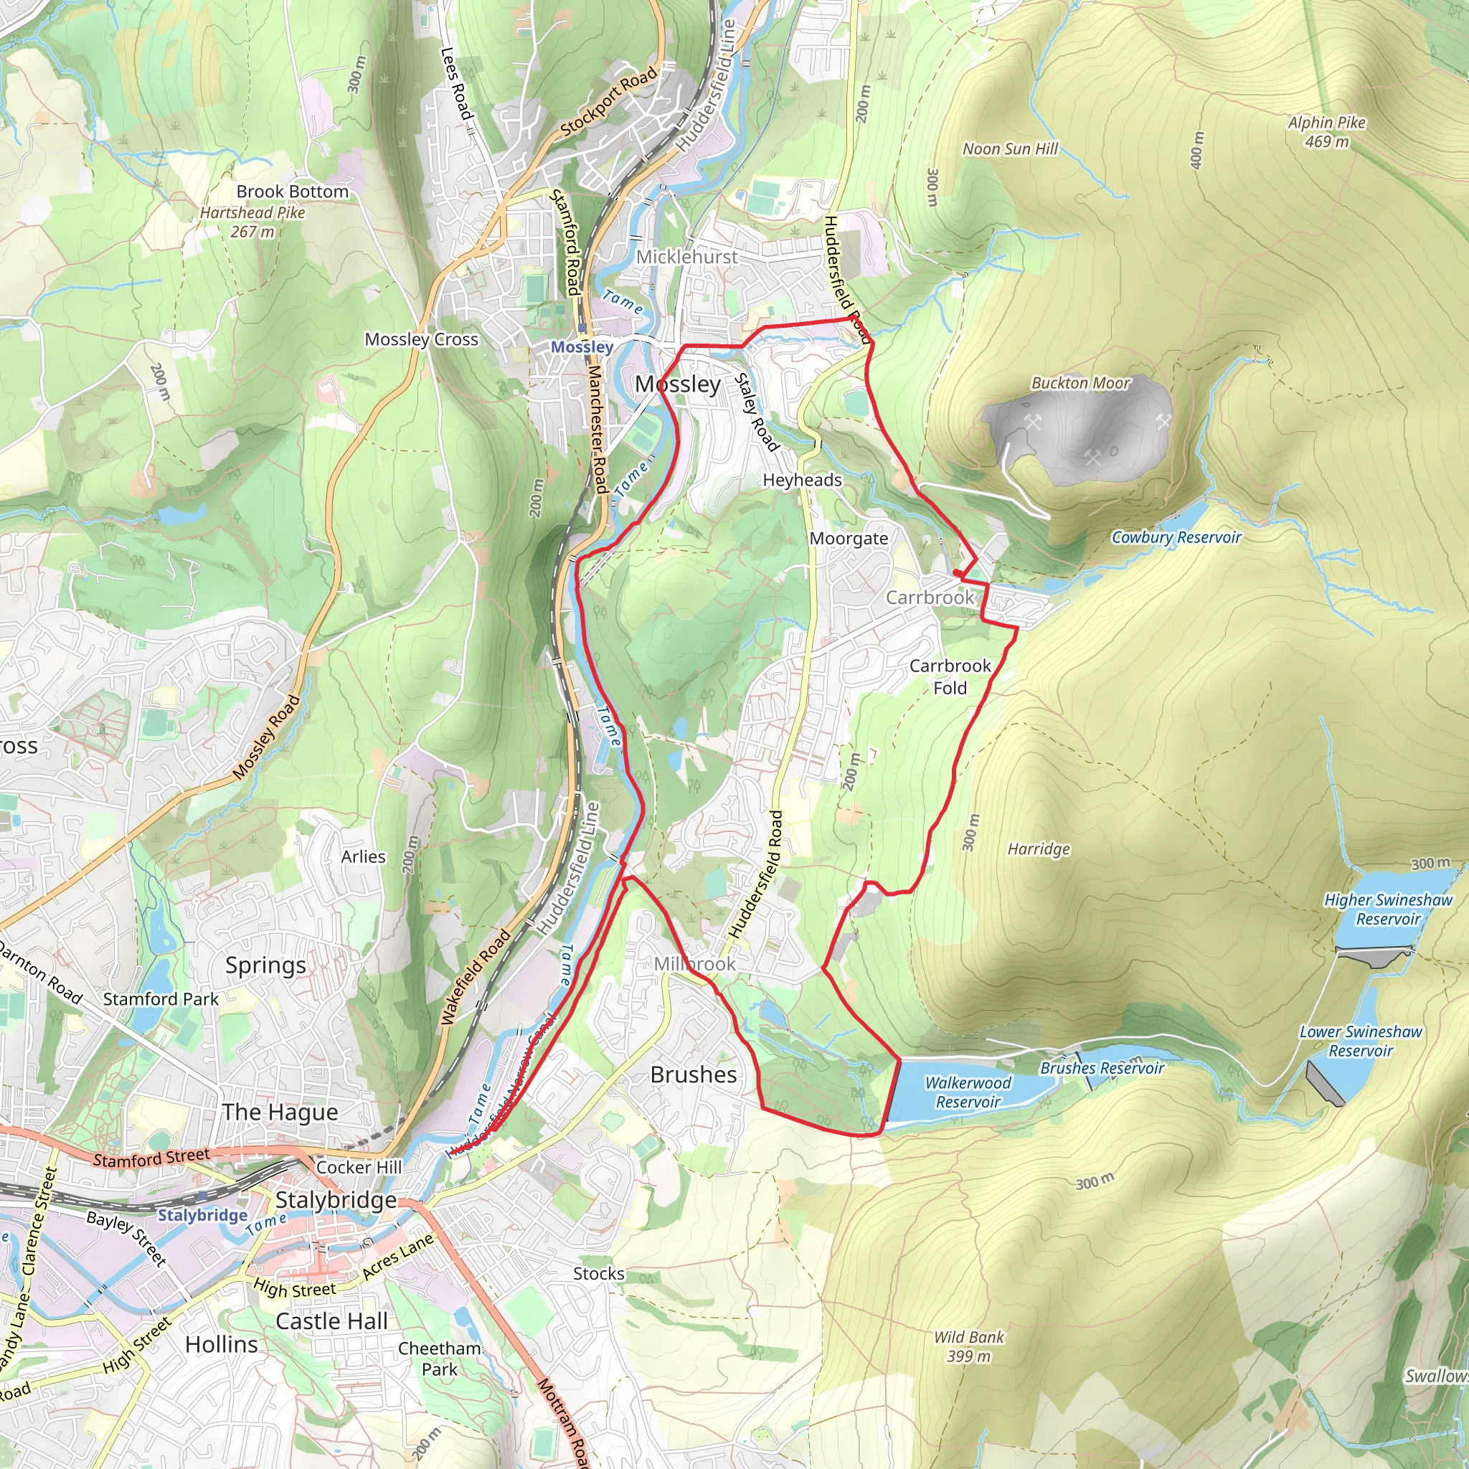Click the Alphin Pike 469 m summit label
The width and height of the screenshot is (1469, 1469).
click(1326, 131)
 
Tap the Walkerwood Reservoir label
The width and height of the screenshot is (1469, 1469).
click(968, 1092)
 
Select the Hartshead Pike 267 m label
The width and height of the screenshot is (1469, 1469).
click(252, 222)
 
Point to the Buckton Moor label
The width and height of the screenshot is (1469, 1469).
click(1080, 383)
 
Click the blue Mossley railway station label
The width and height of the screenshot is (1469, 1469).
click(582, 347)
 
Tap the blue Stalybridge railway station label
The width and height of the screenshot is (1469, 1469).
click(202, 1215)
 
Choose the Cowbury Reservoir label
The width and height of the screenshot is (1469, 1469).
click(1176, 537)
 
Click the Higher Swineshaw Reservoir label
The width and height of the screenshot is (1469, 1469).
click(1388, 910)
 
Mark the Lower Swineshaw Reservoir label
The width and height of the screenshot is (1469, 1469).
click(1360, 1041)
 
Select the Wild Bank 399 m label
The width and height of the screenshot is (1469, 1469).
click(968, 1346)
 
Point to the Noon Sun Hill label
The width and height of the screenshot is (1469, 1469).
click(1010, 149)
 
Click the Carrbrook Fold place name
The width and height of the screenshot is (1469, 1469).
click(950, 676)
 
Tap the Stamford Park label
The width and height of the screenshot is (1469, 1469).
click(161, 999)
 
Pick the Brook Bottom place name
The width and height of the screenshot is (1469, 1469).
click(292, 192)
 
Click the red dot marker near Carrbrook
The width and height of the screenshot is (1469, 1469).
click(958, 573)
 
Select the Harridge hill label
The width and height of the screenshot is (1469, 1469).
click(1038, 849)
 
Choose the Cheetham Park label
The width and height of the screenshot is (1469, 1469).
click(440, 1359)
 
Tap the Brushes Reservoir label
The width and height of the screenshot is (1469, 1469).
click(1102, 1068)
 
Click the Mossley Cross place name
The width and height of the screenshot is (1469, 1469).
click(421, 339)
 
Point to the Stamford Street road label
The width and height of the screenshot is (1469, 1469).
click(151, 1158)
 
